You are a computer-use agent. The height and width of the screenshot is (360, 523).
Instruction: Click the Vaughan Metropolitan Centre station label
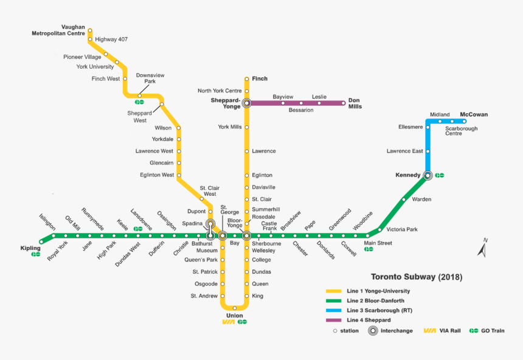pyautogui.click(x=58, y=30)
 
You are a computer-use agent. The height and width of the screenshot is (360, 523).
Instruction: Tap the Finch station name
pyautogui.click(x=260, y=78)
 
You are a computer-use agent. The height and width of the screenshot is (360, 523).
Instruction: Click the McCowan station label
pyautogui.click(x=474, y=114)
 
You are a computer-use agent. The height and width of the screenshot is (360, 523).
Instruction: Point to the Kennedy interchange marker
pyautogui.click(x=428, y=175)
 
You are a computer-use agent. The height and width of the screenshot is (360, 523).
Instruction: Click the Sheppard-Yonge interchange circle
pyautogui.click(x=247, y=103)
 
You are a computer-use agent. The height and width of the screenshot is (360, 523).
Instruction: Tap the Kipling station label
pyautogui.click(x=30, y=248)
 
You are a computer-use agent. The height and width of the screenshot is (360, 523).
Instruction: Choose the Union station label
pyautogui.click(x=234, y=315)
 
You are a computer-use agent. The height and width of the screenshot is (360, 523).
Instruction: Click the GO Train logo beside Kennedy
pyautogui.click(x=440, y=175)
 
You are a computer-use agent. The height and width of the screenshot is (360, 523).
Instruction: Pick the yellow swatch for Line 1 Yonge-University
pyautogui.click(x=334, y=291)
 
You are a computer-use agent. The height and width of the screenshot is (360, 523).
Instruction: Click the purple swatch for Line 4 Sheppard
pyautogui.click(x=334, y=320)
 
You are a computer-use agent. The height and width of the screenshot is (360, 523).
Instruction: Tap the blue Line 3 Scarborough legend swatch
pyautogui.click(x=334, y=310)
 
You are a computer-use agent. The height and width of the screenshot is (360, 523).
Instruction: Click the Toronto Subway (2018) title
pyautogui.click(x=417, y=277)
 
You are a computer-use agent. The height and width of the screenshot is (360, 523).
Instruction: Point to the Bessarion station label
pyautogui.click(x=301, y=110)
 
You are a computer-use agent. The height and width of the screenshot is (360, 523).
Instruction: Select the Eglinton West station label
pyautogui.click(x=158, y=175)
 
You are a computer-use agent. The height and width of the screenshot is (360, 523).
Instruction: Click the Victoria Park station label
pyautogui.click(x=402, y=229)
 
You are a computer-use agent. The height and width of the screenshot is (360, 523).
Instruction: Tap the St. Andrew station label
pyautogui.click(x=204, y=296)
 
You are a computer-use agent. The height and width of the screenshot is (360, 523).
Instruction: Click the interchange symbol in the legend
pyautogui.click(x=371, y=331)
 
